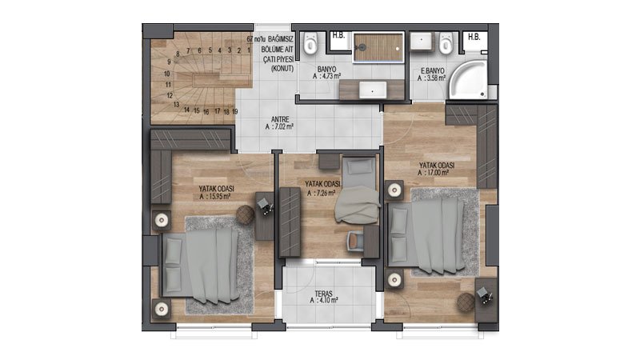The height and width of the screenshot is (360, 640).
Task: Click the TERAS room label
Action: [x=324, y=294]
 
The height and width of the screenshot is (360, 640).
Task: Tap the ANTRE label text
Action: [x=280, y=119]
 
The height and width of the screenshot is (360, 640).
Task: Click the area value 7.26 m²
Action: [x=326, y=193]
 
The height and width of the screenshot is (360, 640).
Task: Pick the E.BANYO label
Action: [x=433, y=70]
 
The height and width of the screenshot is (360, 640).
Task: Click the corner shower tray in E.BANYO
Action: [x=468, y=79]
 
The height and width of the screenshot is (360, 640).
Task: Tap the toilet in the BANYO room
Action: [x=310, y=43]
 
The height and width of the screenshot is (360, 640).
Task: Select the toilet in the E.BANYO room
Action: [x=446, y=43]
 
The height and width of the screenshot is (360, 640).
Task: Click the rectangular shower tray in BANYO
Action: [x=378, y=48]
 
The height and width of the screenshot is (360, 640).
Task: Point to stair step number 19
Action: [x=235, y=111]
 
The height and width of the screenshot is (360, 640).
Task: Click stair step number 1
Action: [x=249, y=50]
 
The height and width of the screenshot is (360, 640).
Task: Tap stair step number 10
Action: [x=167, y=74]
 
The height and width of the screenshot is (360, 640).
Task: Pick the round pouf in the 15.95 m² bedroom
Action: [x=245, y=214]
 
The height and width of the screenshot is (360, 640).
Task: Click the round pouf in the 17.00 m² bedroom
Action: [x=466, y=302]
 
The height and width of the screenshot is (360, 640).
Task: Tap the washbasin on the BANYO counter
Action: [x=373, y=90]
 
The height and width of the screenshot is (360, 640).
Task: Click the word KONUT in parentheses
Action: [x=282, y=69]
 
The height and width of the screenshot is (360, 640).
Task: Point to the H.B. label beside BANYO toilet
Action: [x=338, y=35]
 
